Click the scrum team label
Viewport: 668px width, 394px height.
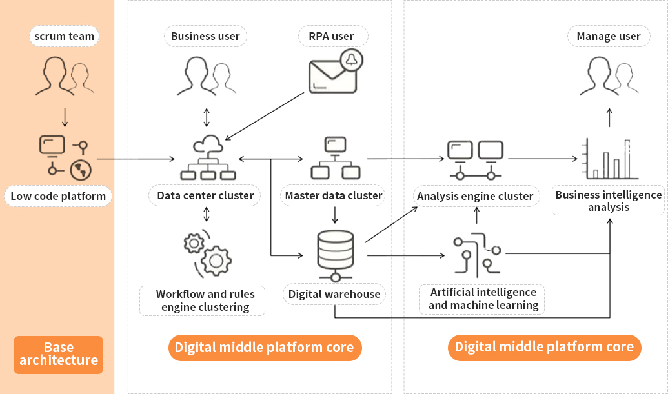[x=64, y=36]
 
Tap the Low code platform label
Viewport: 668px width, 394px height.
[x=57, y=196]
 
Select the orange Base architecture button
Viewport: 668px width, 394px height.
[x=58, y=354]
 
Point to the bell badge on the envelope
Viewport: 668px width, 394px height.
[x=351, y=60]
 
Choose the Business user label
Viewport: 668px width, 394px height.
[x=205, y=36]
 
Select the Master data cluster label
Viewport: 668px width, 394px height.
[x=334, y=195]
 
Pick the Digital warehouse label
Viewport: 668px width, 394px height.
[x=334, y=294]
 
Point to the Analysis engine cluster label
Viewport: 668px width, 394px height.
[x=475, y=196]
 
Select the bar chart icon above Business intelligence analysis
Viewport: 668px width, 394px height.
[x=610, y=159]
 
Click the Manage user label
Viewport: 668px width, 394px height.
[x=609, y=36]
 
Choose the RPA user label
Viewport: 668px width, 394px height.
[x=334, y=36]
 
